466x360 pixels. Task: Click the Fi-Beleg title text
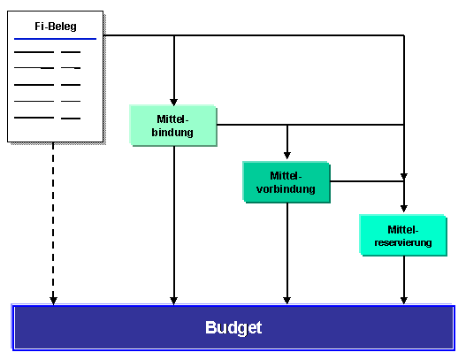(x=56, y=27)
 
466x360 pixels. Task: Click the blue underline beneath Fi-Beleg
(x=56, y=39)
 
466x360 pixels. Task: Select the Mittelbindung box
(x=173, y=125)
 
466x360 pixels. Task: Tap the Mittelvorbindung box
(x=286, y=182)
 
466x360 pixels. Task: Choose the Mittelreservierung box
(x=403, y=235)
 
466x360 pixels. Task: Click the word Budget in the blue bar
(x=233, y=327)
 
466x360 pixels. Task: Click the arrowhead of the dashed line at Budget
(x=53, y=301)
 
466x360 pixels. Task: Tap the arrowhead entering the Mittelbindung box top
(x=174, y=102)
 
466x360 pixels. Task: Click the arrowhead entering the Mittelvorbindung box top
(x=287, y=156)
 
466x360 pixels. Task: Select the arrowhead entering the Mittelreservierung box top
(x=404, y=208)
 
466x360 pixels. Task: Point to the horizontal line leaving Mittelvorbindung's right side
(x=367, y=181)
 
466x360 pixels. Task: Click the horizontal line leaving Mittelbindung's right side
(x=310, y=125)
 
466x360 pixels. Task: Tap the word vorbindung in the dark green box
(x=286, y=189)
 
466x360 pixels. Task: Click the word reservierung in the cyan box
(x=403, y=242)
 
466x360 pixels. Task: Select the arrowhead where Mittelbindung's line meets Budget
(x=174, y=301)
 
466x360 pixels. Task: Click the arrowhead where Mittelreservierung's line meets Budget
(x=404, y=301)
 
